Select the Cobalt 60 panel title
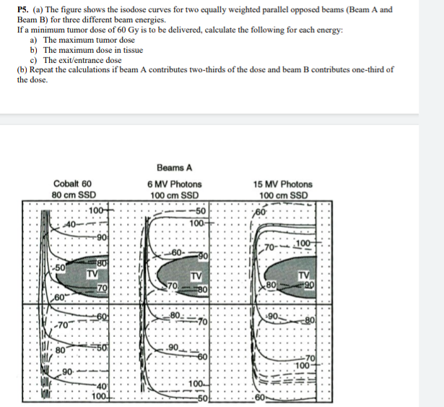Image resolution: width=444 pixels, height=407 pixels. point(72,184)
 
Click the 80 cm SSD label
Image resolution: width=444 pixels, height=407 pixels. point(74,194)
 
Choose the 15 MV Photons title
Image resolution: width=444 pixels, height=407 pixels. point(283,184)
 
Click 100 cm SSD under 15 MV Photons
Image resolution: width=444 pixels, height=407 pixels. point(283,194)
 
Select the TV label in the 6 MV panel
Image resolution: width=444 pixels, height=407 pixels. point(195,275)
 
